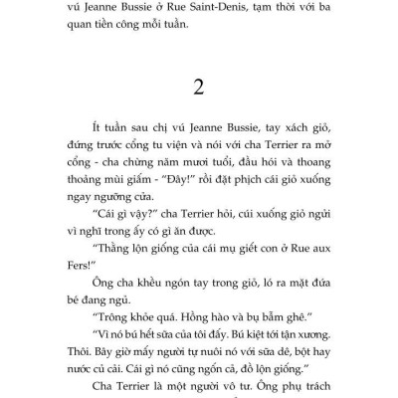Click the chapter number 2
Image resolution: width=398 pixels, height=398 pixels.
[199, 87]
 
